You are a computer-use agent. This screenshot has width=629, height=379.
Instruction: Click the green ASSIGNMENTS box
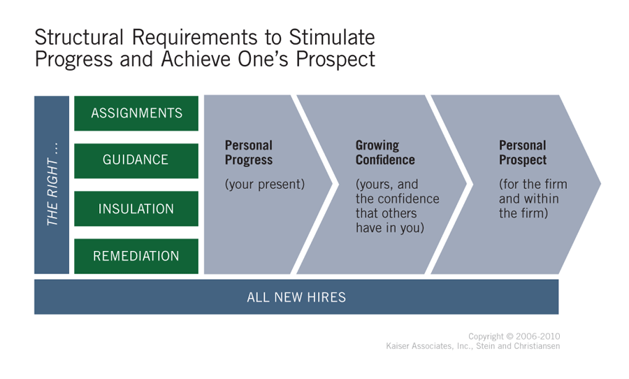(x=136, y=113)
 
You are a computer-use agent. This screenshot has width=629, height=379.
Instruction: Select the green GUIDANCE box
(x=136, y=161)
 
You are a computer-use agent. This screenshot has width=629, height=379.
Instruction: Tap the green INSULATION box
(x=136, y=208)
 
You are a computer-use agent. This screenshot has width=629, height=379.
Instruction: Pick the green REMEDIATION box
(x=136, y=256)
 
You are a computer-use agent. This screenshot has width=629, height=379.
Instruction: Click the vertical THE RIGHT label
(x=52, y=184)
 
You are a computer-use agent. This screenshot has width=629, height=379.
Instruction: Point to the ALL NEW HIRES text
(x=296, y=297)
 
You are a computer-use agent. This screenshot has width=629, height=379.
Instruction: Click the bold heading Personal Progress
(x=249, y=152)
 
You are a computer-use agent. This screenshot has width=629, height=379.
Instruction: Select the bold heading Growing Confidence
(x=385, y=152)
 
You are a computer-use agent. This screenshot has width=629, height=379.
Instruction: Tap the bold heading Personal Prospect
(x=523, y=152)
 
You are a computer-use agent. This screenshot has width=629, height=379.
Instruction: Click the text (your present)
(x=265, y=185)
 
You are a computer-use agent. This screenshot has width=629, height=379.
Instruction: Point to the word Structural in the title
(x=79, y=37)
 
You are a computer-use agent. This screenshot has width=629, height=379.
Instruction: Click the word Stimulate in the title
(x=332, y=37)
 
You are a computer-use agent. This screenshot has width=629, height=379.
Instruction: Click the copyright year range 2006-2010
(x=538, y=336)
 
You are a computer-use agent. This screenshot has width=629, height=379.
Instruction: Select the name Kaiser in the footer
(x=398, y=346)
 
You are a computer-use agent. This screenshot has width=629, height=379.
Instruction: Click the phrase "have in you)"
(x=390, y=228)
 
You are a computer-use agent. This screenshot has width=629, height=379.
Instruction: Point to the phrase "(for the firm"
(x=533, y=185)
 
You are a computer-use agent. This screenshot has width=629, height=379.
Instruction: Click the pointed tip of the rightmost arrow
(x=600, y=184)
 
